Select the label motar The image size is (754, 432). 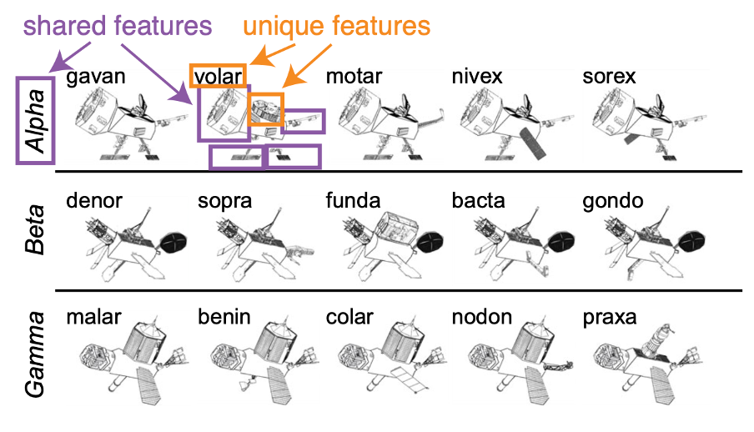(x=354, y=78)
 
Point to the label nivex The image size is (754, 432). (x=477, y=78)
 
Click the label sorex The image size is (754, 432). (x=609, y=78)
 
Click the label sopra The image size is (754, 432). (x=225, y=202)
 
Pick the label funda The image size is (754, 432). (x=354, y=202)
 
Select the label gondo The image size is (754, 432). (x=612, y=202)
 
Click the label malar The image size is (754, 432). (x=94, y=318)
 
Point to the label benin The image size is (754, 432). (x=224, y=318)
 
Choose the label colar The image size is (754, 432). (x=349, y=318)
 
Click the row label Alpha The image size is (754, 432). (x=36, y=119)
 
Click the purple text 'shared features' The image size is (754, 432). (x=118, y=25)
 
